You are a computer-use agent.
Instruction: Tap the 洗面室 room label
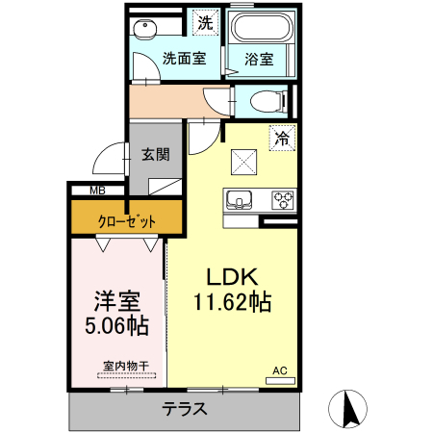tap(183, 58)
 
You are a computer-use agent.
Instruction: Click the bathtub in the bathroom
tap(258, 30)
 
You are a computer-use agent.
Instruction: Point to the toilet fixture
tap(262, 100)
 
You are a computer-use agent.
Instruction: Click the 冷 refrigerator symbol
tap(283, 138)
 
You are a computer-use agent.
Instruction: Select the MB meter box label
tap(97, 191)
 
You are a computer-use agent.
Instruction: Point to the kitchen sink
tap(239, 201)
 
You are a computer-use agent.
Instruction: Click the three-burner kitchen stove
tap(283, 201)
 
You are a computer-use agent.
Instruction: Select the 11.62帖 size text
tap(233, 302)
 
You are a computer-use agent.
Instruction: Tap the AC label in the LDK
tap(280, 370)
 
